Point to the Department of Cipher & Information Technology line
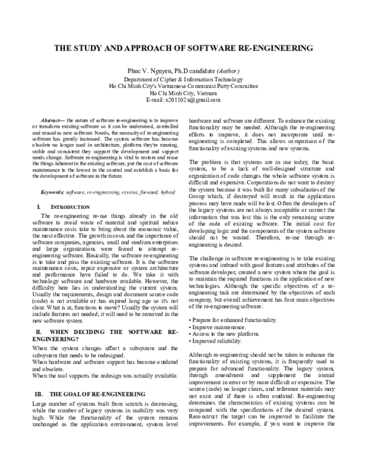[183, 80]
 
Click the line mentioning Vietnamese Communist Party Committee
[183, 86]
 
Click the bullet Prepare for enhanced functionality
[233, 321]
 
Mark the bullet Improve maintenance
[216, 327]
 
